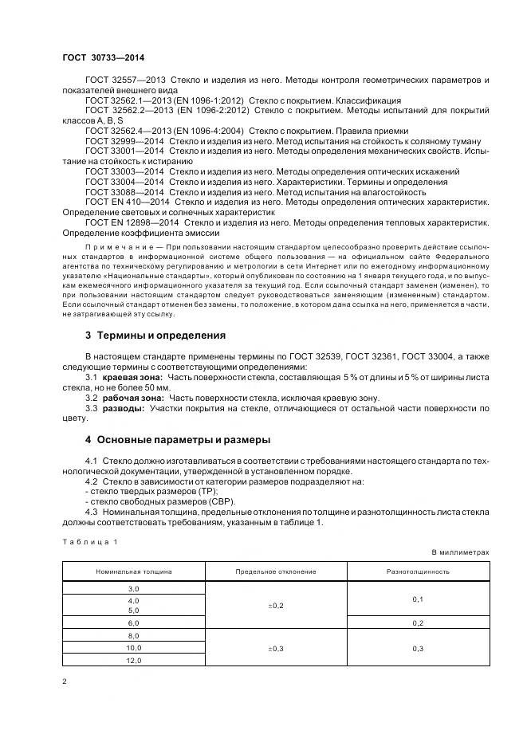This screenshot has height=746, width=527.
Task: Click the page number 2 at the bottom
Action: pos(64,681)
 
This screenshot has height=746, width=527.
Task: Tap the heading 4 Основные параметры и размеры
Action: pos(178,439)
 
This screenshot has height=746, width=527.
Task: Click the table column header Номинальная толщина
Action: pos(133,571)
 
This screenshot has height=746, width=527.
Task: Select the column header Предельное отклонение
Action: pos(276,571)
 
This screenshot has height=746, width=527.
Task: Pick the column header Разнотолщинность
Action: pos(418,571)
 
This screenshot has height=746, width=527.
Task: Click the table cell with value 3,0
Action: pos(133,587)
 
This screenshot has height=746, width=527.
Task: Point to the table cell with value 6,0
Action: pos(133,622)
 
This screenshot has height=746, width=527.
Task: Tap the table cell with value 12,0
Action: pos(133,661)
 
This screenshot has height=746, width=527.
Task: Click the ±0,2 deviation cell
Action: pos(276,605)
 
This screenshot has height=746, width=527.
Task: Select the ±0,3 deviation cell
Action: pos(276,649)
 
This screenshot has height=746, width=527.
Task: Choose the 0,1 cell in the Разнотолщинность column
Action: pos(418,599)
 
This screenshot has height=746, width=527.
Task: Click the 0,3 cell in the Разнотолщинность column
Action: pos(418,649)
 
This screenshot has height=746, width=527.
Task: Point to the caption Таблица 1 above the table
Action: pos(89,541)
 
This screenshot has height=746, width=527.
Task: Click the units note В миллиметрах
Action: pos(460,552)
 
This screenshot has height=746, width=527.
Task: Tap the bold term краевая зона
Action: pos(132,376)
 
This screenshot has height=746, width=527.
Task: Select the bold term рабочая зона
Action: pos(133,397)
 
